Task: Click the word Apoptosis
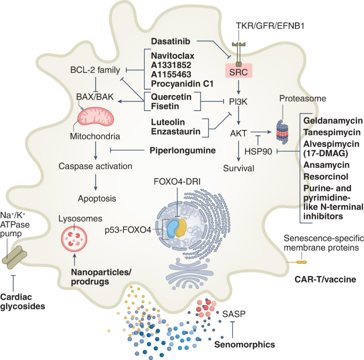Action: click(x=96, y=199)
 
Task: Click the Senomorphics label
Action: click(x=244, y=344)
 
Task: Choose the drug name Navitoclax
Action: click(x=171, y=55)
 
